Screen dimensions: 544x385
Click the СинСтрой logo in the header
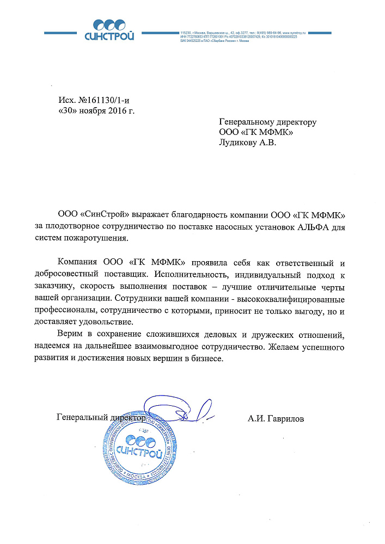109,30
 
